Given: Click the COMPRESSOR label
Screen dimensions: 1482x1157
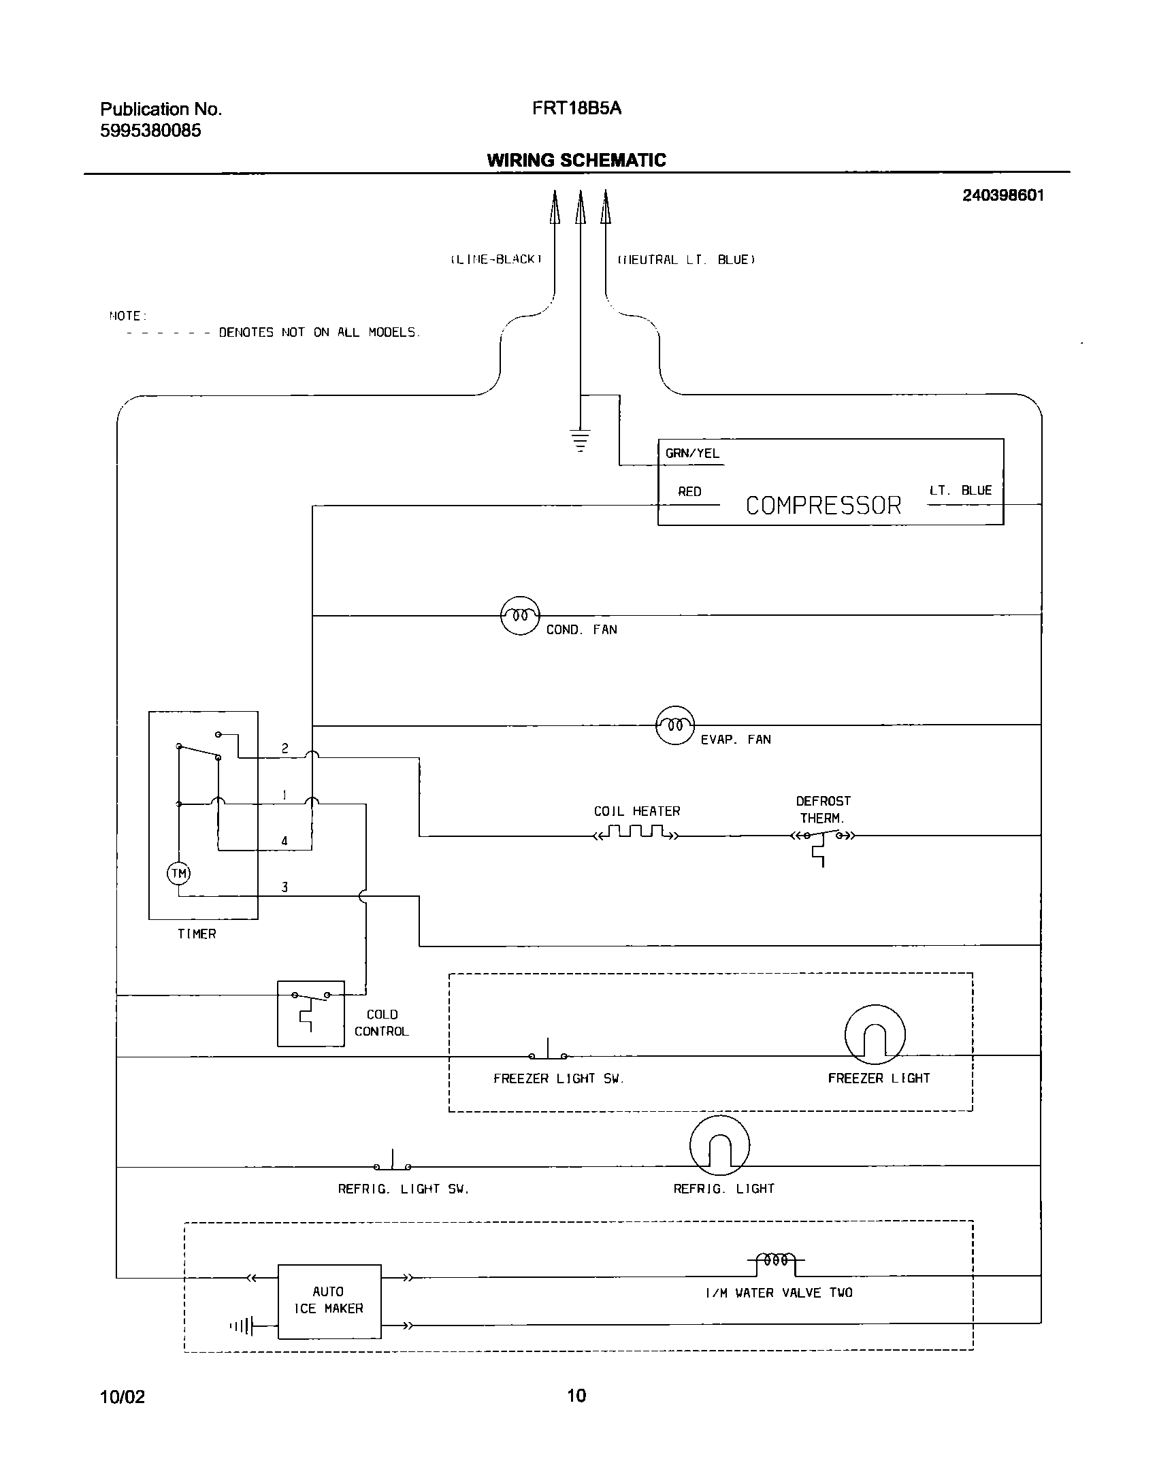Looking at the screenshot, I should (x=823, y=506).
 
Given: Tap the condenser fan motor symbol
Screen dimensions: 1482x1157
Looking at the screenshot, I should (x=520, y=615).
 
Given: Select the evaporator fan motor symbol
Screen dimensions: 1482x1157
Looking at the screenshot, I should (x=674, y=725).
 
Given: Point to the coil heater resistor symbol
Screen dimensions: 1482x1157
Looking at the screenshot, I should (x=636, y=833).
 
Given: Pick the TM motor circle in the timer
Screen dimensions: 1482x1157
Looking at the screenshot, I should (x=178, y=874).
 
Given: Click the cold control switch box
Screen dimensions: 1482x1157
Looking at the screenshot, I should (x=310, y=1013).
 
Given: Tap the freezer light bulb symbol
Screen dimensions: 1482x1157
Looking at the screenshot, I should (x=875, y=1035).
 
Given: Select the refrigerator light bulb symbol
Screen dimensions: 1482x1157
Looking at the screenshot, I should (x=719, y=1145).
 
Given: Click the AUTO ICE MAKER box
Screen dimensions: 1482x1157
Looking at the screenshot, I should (x=329, y=1300).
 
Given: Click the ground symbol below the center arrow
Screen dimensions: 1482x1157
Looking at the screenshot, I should (x=580, y=440).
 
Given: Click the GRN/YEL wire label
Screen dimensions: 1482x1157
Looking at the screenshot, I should (x=692, y=454).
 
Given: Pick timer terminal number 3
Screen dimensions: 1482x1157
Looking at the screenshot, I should (x=284, y=887).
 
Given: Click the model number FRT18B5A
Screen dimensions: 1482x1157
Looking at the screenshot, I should (x=576, y=109).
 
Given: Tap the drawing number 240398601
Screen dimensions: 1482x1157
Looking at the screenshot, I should (x=1003, y=196).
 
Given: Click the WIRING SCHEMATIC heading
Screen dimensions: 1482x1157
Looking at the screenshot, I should (x=576, y=161).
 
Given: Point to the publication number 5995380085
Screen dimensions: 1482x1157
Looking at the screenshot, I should (x=150, y=131).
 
